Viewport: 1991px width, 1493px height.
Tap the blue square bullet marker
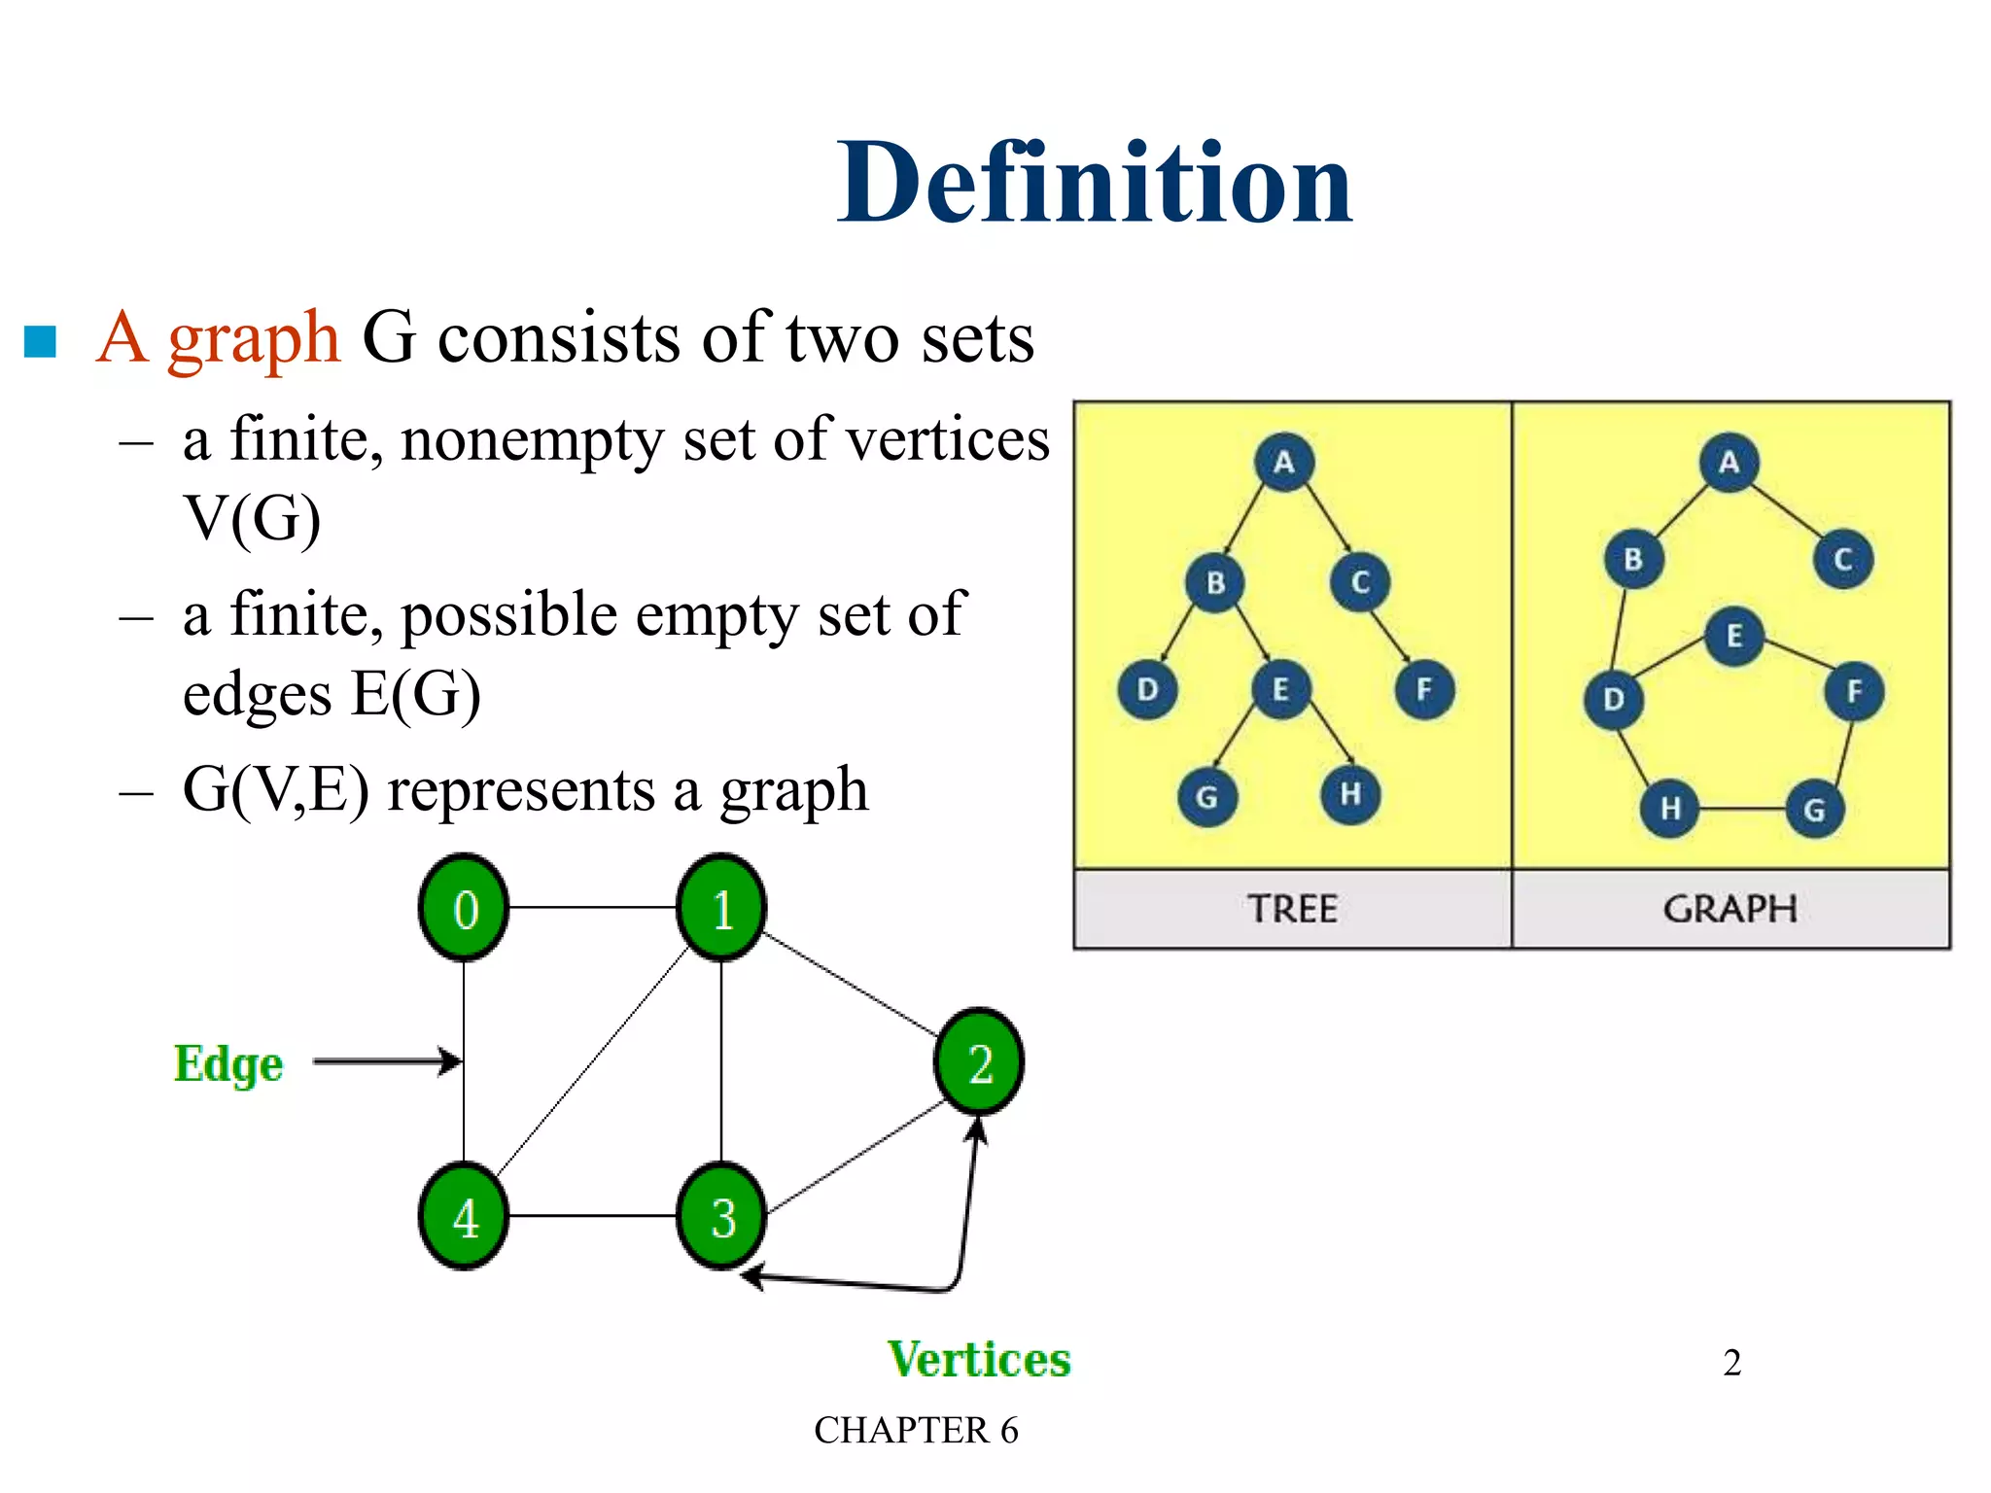pos(40,340)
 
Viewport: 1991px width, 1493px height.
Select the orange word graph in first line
pos(253,338)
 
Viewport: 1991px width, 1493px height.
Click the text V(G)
pos(252,518)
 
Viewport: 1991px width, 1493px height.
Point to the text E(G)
pos(415,694)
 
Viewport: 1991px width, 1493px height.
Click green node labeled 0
pos(465,909)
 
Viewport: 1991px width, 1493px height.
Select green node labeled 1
pos(721,909)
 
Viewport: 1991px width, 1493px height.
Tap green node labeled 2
pos(979,1061)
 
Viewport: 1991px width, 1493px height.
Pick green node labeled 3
pos(721,1217)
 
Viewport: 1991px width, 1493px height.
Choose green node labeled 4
pos(465,1217)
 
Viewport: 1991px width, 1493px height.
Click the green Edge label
pos(228,1063)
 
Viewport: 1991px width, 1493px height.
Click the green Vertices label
pos(978,1359)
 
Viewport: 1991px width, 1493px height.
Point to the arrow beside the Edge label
pos(387,1061)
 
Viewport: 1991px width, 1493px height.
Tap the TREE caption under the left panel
pos(1292,910)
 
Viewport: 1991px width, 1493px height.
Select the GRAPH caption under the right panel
pos(1729,910)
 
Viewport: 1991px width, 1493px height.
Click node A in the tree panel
pos(1283,463)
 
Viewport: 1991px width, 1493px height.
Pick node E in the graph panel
pos(1733,637)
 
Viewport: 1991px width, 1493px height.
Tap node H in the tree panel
pos(1350,795)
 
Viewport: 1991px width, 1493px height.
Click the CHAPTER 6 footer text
pos(916,1431)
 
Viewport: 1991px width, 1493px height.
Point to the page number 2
pos(1731,1363)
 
